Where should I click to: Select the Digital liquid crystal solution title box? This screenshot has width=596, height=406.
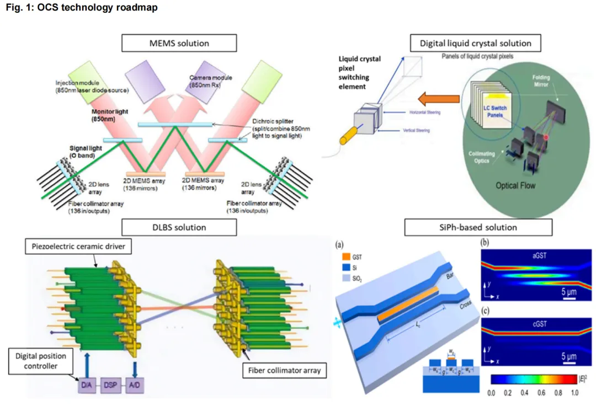pos(475,43)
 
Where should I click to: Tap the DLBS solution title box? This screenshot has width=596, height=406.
pos(179,227)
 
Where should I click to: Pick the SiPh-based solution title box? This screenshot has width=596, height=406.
pos(478,227)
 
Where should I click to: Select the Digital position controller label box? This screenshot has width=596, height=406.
pos(38,361)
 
